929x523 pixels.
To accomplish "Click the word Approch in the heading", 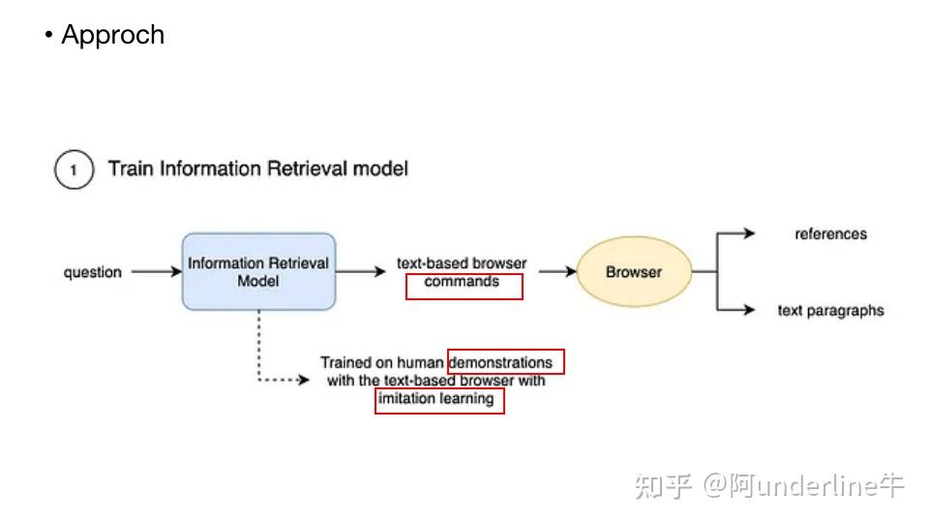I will [112, 35].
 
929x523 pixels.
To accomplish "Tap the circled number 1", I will [74, 170].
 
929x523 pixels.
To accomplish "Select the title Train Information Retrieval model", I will [257, 169].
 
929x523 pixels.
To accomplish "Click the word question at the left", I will [93, 272].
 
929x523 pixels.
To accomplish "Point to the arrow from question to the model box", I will [156, 272].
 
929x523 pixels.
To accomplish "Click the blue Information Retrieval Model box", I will [258, 271].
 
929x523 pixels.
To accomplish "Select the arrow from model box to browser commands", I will [360, 272].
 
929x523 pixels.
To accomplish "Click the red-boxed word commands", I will [462, 282].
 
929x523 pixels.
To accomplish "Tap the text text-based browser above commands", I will [462, 263].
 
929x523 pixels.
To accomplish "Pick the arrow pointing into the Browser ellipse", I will [556, 272].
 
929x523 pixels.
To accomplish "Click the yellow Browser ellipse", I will [634, 272].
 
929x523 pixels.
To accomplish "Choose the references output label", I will [830, 233].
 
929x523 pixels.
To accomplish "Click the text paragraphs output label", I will [830, 310].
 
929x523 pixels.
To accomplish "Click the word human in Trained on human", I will [420, 362].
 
